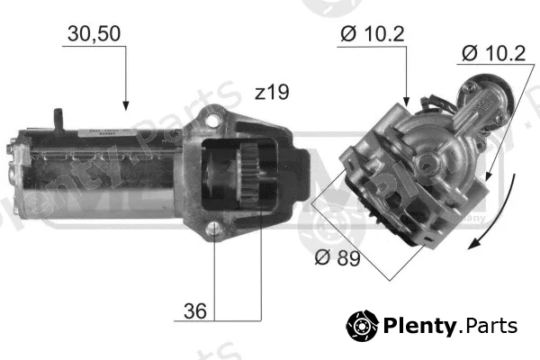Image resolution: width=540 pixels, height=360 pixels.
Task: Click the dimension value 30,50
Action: coord(94,34)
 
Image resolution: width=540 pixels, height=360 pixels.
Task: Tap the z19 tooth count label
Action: coord(272,93)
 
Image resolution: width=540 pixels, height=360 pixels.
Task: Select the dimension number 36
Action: coord(195,311)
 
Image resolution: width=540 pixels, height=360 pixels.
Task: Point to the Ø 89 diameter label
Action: coord(337,257)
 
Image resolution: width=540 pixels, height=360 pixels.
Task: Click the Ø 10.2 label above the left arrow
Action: coord(373,34)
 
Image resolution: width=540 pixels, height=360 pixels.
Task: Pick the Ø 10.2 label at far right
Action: coord(493,53)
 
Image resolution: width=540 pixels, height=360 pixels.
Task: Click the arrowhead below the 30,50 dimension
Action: coord(126,106)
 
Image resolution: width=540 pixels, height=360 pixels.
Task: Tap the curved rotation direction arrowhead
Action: coord(474,244)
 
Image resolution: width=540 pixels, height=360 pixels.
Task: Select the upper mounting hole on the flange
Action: coord(212,121)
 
